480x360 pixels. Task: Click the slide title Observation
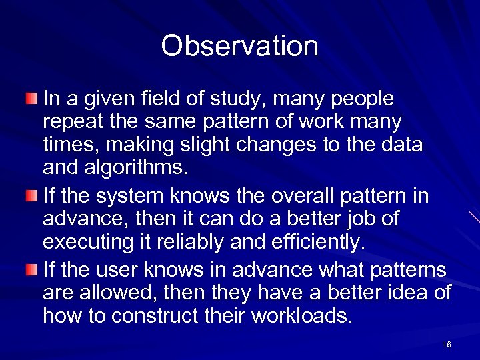pos(239,46)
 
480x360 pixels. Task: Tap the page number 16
pos(446,344)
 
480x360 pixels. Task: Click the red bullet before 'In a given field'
pos(32,99)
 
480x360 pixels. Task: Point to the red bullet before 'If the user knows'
pos(32,270)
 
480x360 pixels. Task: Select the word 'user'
pos(113,270)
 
